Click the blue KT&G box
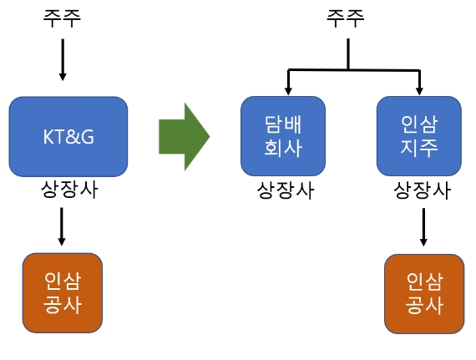(x=68, y=135)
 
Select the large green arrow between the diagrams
(x=183, y=135)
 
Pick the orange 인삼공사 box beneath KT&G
(x=62, y=292)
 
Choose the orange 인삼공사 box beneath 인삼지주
(x=423, y=293)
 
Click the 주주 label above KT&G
(x=62, y=19)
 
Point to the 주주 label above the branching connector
(x=346, y=19)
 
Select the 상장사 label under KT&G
(x=68, y=190)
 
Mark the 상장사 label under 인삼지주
(x=422, y=191)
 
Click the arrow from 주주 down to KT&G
(x=62, y=58)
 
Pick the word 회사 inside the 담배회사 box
(x=283, y=150)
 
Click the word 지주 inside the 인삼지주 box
(x=419, y=150)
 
